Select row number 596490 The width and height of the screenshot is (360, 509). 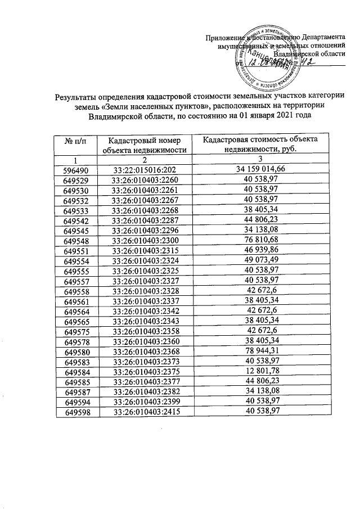(x=75, y=168)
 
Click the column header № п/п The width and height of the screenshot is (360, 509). (x=75, y=139)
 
